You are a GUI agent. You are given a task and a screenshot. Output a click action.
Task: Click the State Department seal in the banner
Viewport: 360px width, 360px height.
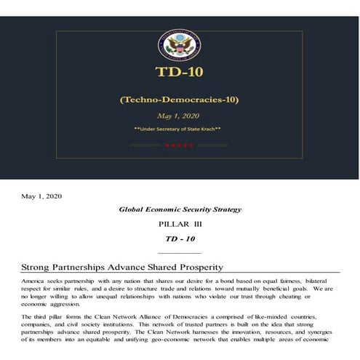(179, 45)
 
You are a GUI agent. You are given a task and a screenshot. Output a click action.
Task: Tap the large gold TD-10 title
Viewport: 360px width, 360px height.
(179, 72)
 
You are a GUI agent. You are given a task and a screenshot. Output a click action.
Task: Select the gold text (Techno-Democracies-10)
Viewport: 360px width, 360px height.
(179, 100)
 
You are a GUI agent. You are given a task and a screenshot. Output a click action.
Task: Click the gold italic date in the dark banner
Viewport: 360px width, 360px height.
(179, 115)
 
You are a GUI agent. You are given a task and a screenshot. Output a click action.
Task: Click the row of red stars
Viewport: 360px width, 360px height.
(179, 145)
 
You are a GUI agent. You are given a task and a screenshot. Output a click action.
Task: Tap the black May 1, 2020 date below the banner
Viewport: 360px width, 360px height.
(41, 196)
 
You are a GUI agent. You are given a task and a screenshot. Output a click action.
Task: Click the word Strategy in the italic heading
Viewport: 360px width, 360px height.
(223, 209)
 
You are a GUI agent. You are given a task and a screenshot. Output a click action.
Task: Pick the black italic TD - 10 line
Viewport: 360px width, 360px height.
(180, 238)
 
